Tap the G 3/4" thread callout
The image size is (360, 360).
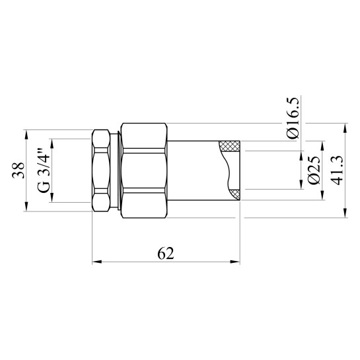[44, 171]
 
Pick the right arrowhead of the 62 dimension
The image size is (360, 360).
[236, 262]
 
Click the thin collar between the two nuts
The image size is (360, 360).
[118, 170]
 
